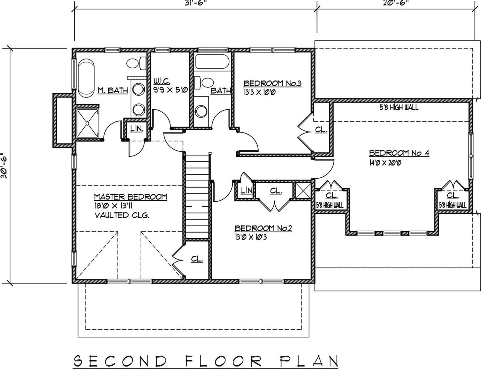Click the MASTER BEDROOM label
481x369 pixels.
tap(130, 197)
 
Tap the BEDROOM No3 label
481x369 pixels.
tap(272, 83)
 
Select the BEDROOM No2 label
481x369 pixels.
tap(263, 228)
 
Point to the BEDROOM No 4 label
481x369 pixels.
tap(399, 153)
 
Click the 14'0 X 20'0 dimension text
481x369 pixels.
tap(385, 163)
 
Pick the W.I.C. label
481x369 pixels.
tap(162, 81)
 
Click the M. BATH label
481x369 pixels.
tap(113, 90)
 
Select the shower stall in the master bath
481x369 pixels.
tap(87, 123)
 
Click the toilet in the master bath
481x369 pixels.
tap(136, 63)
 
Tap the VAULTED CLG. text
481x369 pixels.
tap(122, 215)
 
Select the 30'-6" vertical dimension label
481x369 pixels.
tap(4, 166)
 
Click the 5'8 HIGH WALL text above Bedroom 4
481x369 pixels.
tap(399, 107)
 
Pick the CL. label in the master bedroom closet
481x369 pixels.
tap(197, 259)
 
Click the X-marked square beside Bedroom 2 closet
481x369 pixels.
tap(303, 191)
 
